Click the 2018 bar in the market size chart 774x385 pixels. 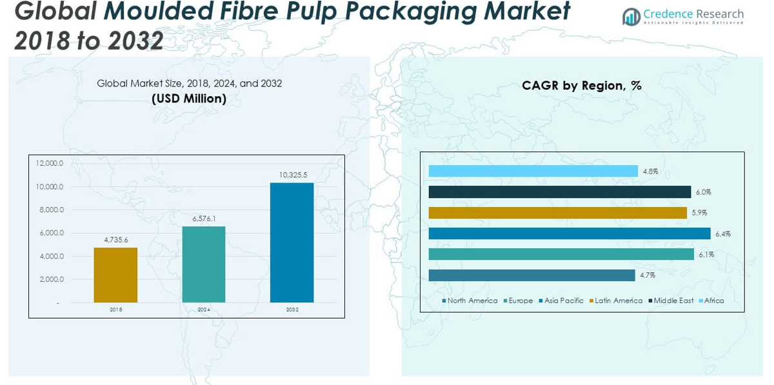(115, 275)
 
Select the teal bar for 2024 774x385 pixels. (204, 264)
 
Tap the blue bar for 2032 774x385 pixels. (292, 242)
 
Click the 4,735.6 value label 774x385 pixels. (116, 240)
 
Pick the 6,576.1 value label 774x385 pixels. (204, 219)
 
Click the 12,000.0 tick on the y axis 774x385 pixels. (50, 163)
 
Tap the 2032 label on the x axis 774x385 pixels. (292, 310)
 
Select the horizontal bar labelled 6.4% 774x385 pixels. (569, 233)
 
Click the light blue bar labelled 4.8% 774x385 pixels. (533, 171)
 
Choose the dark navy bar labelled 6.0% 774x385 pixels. (559, 192)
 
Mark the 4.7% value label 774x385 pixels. (648, 275)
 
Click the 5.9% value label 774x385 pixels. (699, 213)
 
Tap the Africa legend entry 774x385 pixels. (711, 301)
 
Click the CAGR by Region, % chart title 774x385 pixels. (582, 86)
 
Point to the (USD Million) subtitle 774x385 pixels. (189, 99)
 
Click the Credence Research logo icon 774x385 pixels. (631, 17)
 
